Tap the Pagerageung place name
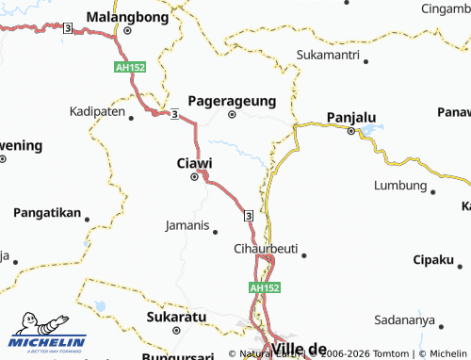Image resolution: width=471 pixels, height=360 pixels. (232, 99)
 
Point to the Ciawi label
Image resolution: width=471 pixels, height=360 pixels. (194, 163)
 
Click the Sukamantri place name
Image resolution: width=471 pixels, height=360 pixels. (328, 56)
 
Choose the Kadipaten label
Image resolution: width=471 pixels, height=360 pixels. (97, 111)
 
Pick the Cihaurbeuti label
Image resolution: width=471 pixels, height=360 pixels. (265, 249)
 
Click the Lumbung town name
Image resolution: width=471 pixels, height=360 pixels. (400, 185)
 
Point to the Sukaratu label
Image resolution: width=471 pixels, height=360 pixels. (175, 318)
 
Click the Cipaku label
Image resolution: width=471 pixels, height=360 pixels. (433, 259)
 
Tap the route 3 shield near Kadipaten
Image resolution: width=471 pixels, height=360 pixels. (175, 115)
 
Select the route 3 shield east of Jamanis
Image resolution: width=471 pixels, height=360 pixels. (248, 216)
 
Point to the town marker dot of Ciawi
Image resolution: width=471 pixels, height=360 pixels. (195, 176)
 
